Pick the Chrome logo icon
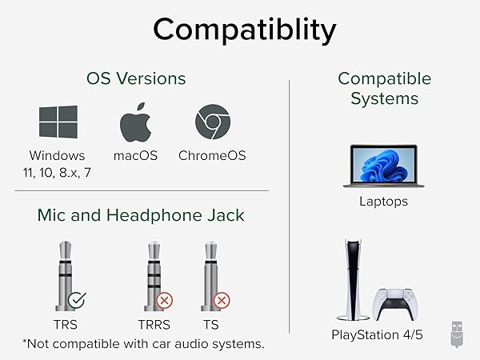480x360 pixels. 213,123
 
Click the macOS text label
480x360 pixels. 136,155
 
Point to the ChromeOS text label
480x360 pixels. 212,155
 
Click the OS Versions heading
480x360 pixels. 136,78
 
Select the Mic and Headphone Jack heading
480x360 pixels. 140,214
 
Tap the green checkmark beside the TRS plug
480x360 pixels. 78,302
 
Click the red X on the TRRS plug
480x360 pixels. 166,302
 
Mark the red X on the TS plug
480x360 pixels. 222,302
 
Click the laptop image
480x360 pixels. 383,166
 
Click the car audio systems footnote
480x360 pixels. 144,344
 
